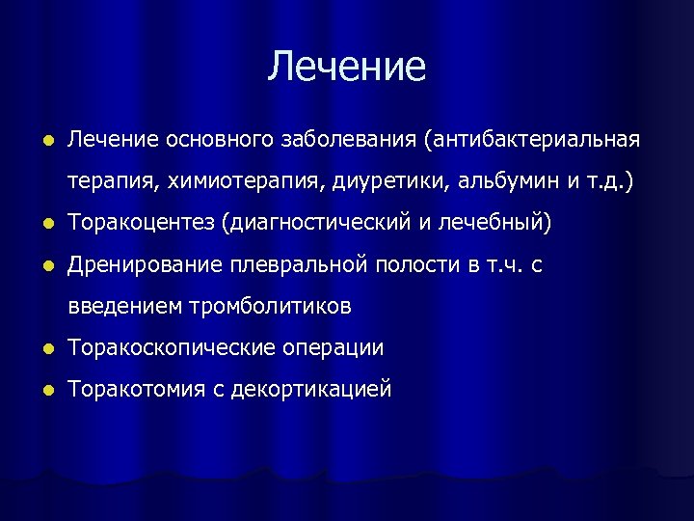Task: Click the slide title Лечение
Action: click(347, 67)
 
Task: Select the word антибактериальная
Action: click(536, 141)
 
